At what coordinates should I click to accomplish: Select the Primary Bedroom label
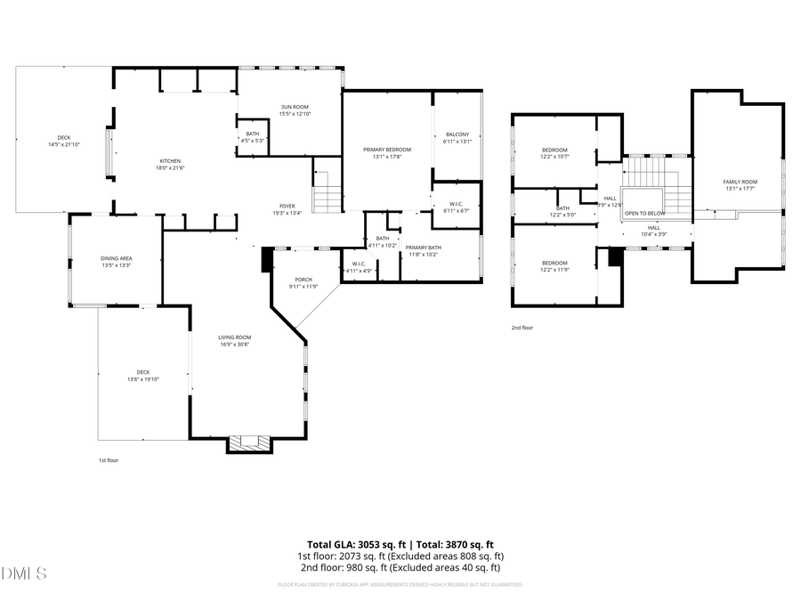tap(387, 150)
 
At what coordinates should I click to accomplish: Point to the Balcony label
tap(457, 134)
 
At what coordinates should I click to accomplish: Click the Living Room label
tap(236, 337)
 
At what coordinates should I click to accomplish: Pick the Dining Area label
tap(117, 258)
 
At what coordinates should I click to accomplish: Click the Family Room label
tap(740, 182)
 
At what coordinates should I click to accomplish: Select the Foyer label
tap(287, 206)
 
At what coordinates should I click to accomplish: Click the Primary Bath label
tap(423, 248)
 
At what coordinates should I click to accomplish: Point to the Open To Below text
tap(644, 214)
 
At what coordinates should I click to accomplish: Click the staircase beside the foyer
tap(327, 191)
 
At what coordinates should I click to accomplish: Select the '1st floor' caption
tap(109, 460)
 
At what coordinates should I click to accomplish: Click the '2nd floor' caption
tap(522, 328)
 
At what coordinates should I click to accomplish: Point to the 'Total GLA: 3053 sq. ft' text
tap(355, 544)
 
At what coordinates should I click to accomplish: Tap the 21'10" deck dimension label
tap(65, 144)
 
